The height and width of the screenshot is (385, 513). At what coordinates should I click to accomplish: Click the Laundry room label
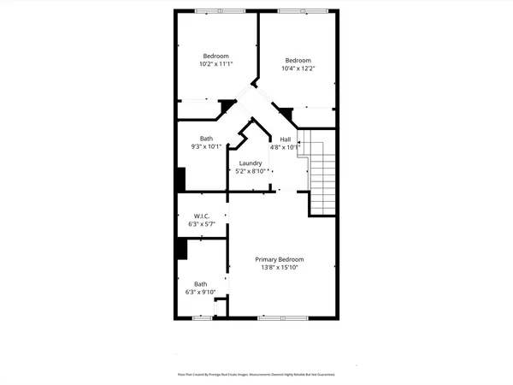click(x=251, y=163)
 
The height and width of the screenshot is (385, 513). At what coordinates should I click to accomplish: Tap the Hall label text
click(x=286, y=139)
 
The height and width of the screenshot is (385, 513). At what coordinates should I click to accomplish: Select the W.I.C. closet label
click(x=202, y=216)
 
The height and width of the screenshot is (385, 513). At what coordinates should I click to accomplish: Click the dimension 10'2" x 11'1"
click(x=216, y=64)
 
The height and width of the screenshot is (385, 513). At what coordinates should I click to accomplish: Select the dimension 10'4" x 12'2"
click(x=298, y=68)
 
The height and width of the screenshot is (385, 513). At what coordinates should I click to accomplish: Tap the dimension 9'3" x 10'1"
click(x=206, y=146)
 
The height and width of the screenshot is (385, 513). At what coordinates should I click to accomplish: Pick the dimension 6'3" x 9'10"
click(x=200, y=292)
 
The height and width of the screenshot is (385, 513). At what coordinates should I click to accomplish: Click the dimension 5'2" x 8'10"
click(x=251, y=171)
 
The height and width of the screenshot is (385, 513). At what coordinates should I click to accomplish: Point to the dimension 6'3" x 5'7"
click(x=202, y=224)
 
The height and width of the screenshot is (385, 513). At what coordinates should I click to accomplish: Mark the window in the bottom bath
click(x=201, y=318)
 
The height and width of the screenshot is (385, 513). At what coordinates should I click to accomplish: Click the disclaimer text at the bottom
click(x=256, y=374)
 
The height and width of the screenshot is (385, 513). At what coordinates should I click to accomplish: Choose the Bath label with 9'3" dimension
click(x=206, y=139)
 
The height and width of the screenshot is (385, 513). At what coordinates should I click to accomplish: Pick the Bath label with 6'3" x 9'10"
click(x=200, y=284)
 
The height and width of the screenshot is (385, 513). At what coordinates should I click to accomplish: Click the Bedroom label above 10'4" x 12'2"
click(x=298, y=60)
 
